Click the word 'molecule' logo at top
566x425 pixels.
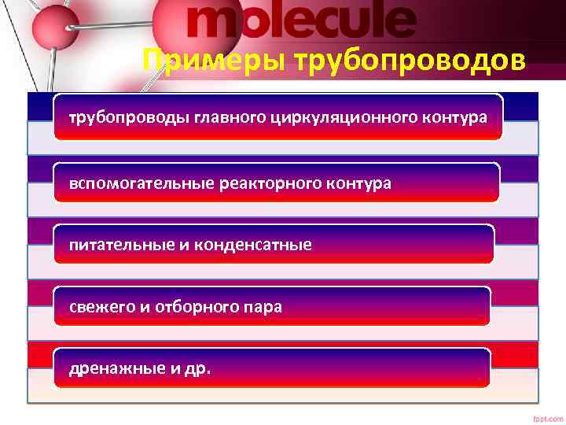pyautogui.click(x=301, y=21)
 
